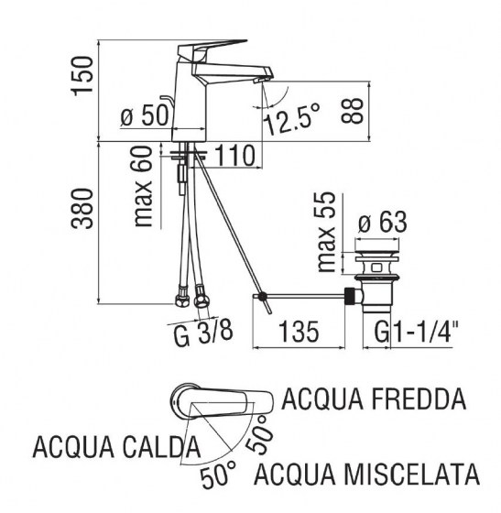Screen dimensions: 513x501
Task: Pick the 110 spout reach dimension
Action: [x=234, y=156]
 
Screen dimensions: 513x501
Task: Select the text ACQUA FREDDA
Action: [x=374, y=398]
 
